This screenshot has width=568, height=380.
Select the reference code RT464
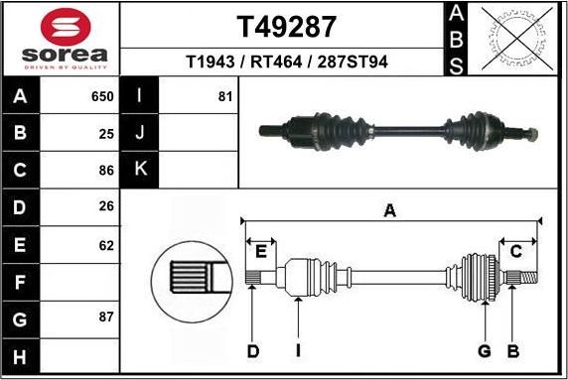tap(286, 63)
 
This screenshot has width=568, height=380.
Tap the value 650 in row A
tap(102, 97)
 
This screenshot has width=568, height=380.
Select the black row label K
tap(140, 169)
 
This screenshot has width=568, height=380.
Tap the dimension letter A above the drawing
tap(390, 210)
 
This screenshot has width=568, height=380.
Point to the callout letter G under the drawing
tap(485, 350)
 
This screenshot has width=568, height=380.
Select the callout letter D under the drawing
tap(253, 350)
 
